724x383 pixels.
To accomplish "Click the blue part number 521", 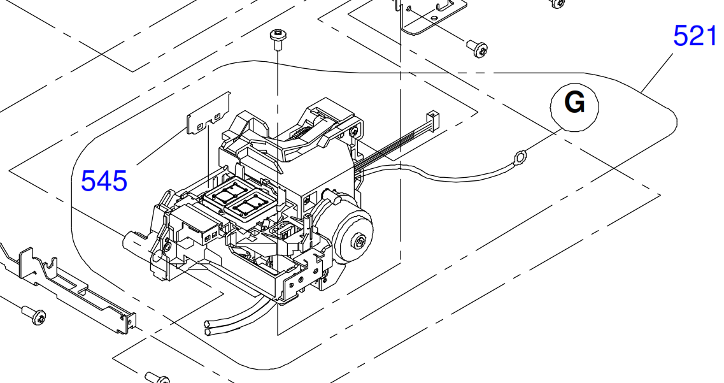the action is click(695, 36).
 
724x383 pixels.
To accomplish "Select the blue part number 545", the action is click(104, 180).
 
